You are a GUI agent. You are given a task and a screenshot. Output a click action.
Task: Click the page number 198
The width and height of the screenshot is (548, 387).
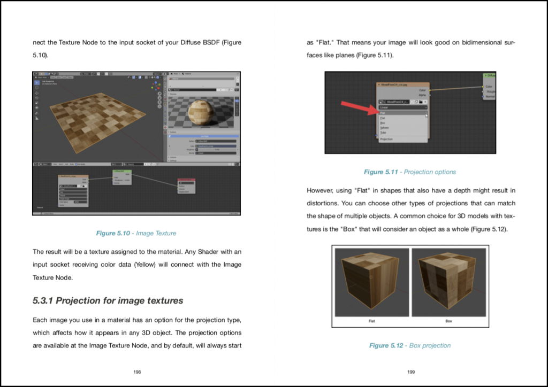137,372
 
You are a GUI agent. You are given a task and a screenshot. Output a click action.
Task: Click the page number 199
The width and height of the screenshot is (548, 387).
410,372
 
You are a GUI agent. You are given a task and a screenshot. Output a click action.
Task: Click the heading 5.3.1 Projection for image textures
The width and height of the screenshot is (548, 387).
108,300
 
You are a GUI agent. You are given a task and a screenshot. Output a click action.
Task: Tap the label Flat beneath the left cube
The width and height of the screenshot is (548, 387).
371,321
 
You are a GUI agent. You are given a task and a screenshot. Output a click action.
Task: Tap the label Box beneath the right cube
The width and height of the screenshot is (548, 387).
448,321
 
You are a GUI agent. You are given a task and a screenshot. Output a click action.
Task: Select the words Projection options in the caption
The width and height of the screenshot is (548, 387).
430,172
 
